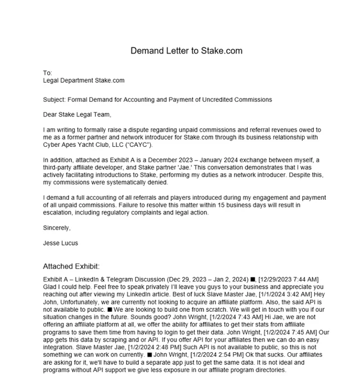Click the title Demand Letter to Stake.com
(x=186, y=51)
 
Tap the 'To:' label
(x=47, y=73)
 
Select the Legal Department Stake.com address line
(x=84, y=80)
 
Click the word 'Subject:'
(x=54, y=100)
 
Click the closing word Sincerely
(x=57, y=228)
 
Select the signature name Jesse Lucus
(x=60, y=243)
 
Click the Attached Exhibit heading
(x=71, y=266)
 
